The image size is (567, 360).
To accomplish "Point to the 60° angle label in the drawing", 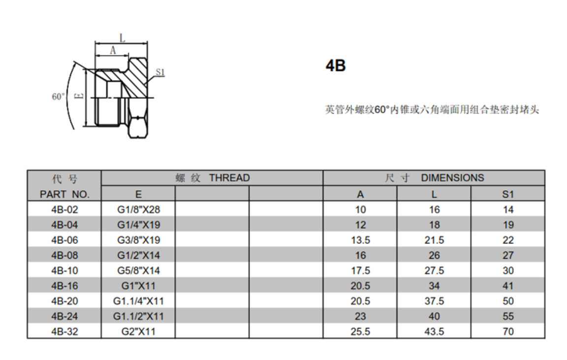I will (x=58, y=96).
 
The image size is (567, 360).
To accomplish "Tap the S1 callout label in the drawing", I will (x=160, y=72).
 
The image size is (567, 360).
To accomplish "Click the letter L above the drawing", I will (x=122, y=37).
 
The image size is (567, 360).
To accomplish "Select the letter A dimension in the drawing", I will (x=113, y=50).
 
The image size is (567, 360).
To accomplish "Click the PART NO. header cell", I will (x=64, y=194).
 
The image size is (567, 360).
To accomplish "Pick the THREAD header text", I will (x=229, y=178).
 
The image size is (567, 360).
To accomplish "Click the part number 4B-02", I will (x=64, y=210).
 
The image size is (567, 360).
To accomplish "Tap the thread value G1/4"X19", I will (x=138, y=225).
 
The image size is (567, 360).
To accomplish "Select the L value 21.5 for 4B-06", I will (x=434, y=240).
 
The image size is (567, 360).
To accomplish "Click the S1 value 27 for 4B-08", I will (x=508, y=255).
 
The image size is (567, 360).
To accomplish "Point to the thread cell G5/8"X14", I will (x=138, y=270).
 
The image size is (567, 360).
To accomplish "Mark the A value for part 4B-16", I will (x=360, y=286).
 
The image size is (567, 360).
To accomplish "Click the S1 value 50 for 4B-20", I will (x=508, y=301).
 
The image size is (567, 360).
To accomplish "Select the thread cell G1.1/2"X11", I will (x=138, y=316).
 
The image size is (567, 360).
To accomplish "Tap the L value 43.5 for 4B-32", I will (x=434, y=331).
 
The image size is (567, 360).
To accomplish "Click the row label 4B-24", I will (x=64, y=316).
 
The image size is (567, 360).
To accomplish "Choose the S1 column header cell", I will (x=508, y=194).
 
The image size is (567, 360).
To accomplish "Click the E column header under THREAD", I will (x=138, y=194).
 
